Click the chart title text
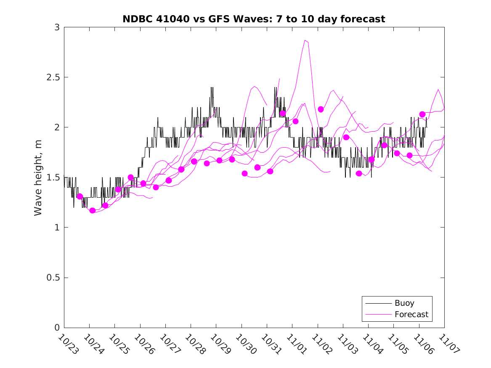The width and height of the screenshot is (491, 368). point(254,19)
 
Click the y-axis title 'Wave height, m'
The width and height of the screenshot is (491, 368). point(38,177)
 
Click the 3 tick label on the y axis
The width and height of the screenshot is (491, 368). point(57,27)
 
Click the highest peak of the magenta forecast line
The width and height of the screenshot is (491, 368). point(306,40)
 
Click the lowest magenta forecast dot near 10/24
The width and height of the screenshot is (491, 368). point(93,210)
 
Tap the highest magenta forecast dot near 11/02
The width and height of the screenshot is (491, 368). point(321,109)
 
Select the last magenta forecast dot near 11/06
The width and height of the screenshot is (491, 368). point(422,114)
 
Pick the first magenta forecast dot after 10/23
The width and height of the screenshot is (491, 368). point(80,196)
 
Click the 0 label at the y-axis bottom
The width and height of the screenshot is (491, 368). point(57,328)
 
